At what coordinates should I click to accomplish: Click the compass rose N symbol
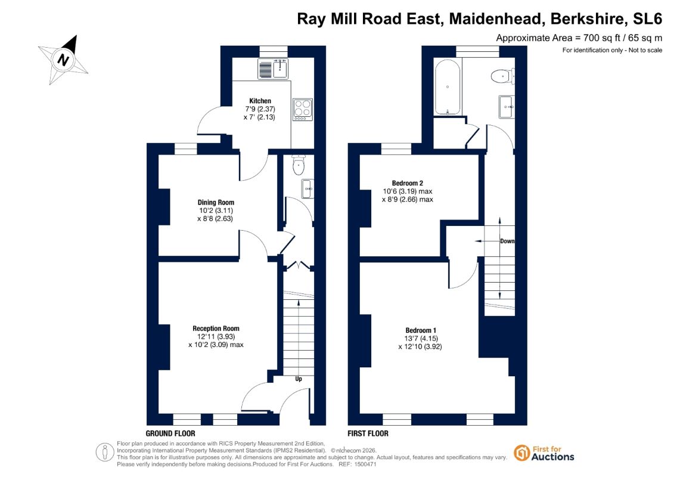coord(64,60)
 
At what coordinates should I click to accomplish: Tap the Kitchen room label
coord(260,101)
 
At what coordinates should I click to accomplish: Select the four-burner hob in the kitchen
coord(303,110)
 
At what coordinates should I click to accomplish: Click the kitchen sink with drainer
coord(274,69)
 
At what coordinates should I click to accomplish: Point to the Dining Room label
coord(216,202)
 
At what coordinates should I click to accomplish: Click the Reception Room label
coord(216,329)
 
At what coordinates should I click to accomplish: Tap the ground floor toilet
coord(299,165)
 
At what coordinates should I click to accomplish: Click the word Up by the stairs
coord(299,379)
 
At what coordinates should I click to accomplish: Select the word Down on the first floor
coord(507,241)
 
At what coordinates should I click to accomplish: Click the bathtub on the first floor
coord(448,87)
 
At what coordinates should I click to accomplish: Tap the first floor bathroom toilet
coord(502,76)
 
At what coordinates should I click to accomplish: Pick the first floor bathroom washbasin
coord(507,106)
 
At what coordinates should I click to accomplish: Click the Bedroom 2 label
coord(408,183)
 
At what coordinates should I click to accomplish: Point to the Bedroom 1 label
coord(421,330)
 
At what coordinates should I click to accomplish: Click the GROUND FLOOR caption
coord(170,433)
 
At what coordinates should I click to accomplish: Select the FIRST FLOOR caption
coord(368,433)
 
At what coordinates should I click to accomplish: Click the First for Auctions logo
coord(543,453)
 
